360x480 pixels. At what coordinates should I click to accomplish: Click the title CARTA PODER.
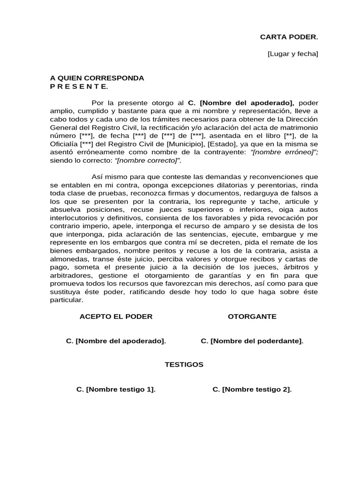[289, 37]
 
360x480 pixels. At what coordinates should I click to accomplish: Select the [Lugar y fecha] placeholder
[292, 54]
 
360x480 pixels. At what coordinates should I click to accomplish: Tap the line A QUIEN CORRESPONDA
[97, 78]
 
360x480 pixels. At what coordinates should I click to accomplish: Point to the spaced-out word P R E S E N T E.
[79, 86]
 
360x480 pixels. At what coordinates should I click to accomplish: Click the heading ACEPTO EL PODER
[116, 316]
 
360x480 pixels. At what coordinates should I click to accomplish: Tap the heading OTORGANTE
[252, 316]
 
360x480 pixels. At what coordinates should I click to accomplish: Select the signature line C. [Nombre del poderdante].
[252, 341]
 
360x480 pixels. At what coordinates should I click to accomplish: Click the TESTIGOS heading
[184, 365]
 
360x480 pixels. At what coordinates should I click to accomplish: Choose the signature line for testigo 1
[116, 390]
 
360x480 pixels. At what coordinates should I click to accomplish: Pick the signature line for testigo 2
[252, 390]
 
